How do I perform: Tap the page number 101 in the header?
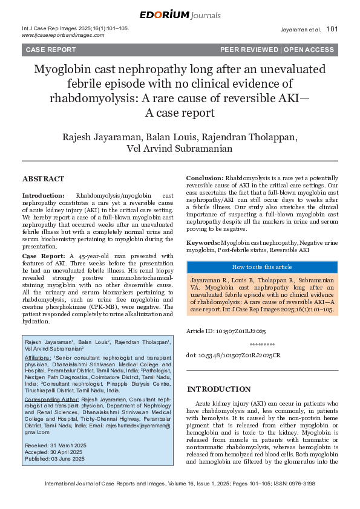click(x=332, y=28)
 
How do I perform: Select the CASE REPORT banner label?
click(x=49, y=50)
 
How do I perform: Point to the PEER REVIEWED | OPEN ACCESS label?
click(x=277, y=50)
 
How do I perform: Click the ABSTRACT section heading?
click(x=42, y=180)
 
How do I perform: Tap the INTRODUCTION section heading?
click(x=218, y=389)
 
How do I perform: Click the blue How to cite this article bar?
click(x=262, y=267)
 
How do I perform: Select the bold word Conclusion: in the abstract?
click(x=205, y=178)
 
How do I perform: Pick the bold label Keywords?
click(x=203, y=242)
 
